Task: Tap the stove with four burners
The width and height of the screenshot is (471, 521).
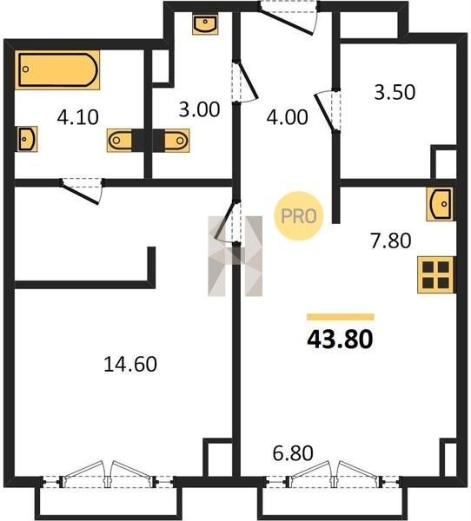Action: tap(435, 275)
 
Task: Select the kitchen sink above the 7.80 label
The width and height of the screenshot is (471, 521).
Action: tap(440, 204)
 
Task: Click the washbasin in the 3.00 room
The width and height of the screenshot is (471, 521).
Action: tap(205, 24)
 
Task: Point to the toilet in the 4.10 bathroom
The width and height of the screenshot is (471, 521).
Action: tap(120, 140)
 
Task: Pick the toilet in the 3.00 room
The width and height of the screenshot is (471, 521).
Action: tap(177, 140)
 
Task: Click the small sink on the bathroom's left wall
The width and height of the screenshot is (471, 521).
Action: tap(26, 139)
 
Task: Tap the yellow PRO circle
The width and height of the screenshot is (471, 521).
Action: tap(298, 216)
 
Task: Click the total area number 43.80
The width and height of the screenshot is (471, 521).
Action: tap(340, 340)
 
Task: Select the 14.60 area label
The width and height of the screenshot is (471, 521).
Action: tap(130, 364)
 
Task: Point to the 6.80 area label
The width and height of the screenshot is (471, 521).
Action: tap(293, 453)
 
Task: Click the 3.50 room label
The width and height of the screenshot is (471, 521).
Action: tap(395, 92)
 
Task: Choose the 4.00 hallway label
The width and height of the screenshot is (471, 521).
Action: tap(287, 117)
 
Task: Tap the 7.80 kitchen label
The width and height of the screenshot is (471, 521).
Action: tap(391, 241)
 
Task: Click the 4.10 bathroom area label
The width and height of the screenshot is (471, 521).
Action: tap(78, 117)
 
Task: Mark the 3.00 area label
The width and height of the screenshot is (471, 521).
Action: tap(199, 109)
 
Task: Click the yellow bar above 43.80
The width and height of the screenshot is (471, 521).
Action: tap(341, 317)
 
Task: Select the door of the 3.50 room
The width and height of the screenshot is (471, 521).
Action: tap(327, 110)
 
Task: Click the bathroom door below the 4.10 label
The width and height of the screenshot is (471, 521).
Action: tap(82, 191)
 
